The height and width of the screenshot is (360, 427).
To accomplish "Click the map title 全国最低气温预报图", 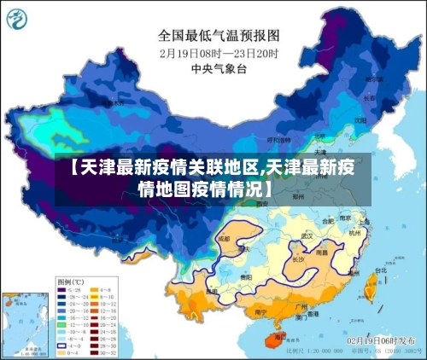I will pyautogui.click(x=219, y=36).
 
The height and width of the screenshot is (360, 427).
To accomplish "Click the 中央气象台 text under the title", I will pyautogui.click(x=219, y=69).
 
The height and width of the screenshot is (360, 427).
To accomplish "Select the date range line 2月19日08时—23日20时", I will pyautogui.click(x=219, y=53).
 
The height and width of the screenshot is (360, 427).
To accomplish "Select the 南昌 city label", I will pyautogui.click(x=322, y=253).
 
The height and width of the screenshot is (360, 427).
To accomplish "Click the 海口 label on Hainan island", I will pyautogui.click(x=275, y=332).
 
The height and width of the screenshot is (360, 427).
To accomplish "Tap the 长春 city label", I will pyautogui.click(x=369, y=97).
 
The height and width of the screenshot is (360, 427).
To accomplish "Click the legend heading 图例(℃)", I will pyautogui.click(x=70, y=281).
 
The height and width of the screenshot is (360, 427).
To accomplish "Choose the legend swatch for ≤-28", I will pyautogui.click(x=62, y=290).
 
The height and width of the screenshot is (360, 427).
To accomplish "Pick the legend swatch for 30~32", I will pyautogui.click(x=97, y=351).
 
